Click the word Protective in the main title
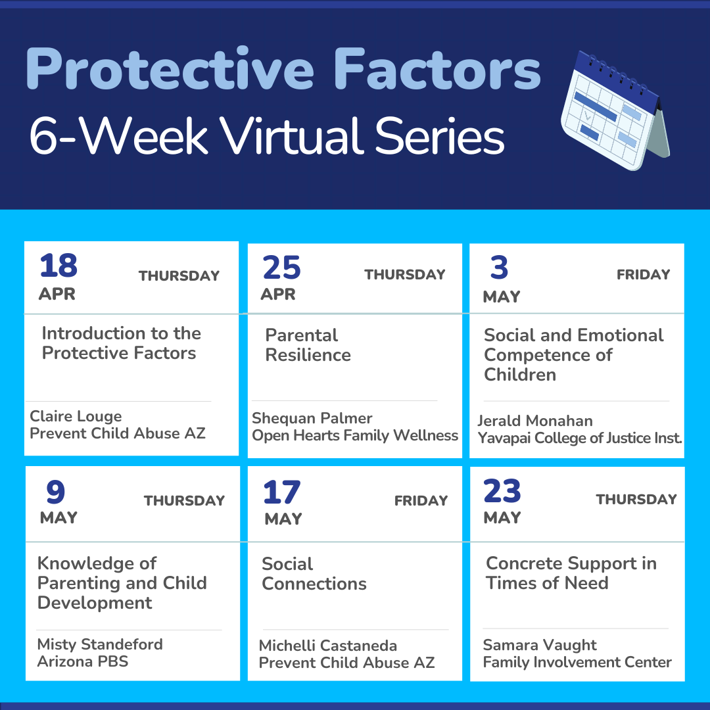tap(170, 69)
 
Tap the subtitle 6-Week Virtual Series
tap(267, 136)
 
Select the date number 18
tap(59, 266)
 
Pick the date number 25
tap(281, 268)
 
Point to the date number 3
tap(500, 267)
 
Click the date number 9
tap(56, 492)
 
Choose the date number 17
tap(281, 492)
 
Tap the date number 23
tap(502, 490)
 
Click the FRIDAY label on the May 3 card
tap(643, 274)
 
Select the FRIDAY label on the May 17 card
tap(421, 500)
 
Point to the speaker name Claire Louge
tap(76, 416)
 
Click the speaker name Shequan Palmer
tap(312, 418)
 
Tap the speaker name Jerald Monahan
tap(534, 421)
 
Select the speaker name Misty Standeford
tap(100, 644)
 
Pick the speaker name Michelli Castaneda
tap(328, 646)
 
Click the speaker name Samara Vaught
tap(540, 645)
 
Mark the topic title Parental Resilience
tap(308, 345)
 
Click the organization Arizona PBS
tap(83, 661)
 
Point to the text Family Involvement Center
tap(577, 662)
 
